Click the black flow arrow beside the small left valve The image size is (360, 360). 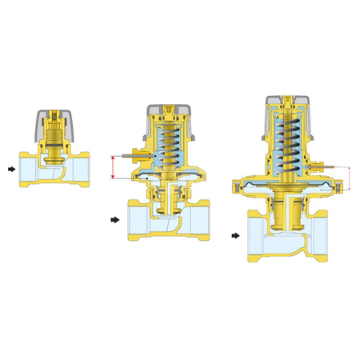pos(9,170)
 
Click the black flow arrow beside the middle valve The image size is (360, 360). pos(114,218)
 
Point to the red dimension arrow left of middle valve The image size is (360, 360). pos(114,167)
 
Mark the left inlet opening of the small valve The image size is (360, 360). pos(25,170)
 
